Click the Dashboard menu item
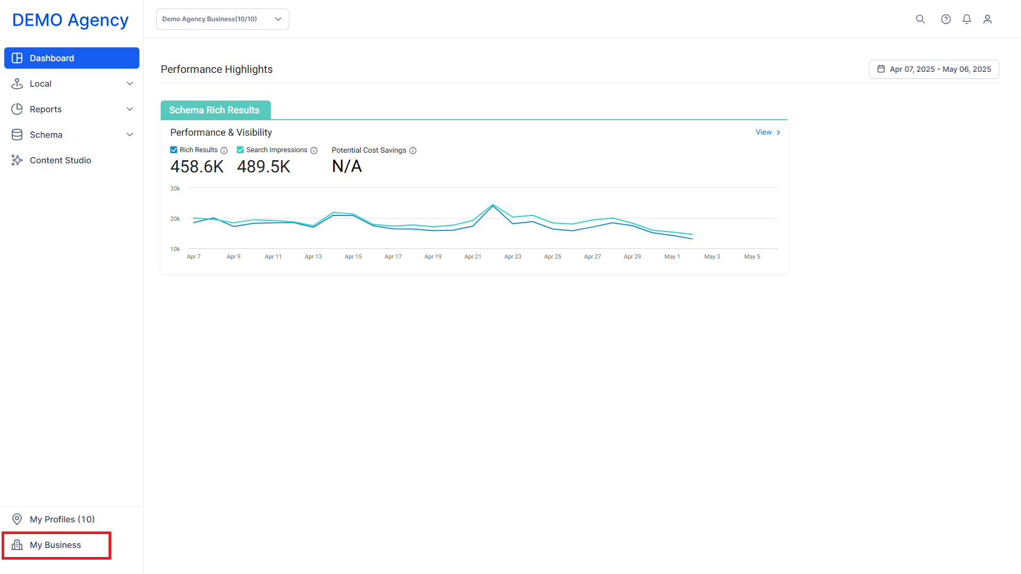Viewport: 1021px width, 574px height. pos(72,58)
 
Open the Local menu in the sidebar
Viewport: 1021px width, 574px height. pos(72,84)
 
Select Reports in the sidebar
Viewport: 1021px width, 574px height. pos(72,109)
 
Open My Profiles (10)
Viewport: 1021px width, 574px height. pos(62,519)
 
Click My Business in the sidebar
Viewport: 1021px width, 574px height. pos(56,545)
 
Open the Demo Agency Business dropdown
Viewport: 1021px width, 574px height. pos(223,19)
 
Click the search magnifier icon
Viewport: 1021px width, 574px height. pos(920,19)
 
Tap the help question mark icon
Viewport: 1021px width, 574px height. pos(946,19)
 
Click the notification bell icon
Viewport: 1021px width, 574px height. pos(967,19)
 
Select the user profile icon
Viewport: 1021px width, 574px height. pos(987,19)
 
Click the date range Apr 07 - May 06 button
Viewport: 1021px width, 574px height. pos(934,69)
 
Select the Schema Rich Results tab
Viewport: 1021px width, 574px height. pos(215,110)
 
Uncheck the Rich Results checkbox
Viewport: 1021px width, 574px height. pos(173,150)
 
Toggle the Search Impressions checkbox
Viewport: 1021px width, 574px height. pos(240,150)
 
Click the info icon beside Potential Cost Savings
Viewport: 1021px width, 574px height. pos(413,151)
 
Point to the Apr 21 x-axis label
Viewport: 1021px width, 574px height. pos(472,256)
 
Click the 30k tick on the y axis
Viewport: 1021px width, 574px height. pos(175,188)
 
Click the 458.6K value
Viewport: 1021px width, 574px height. pos(197,167)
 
